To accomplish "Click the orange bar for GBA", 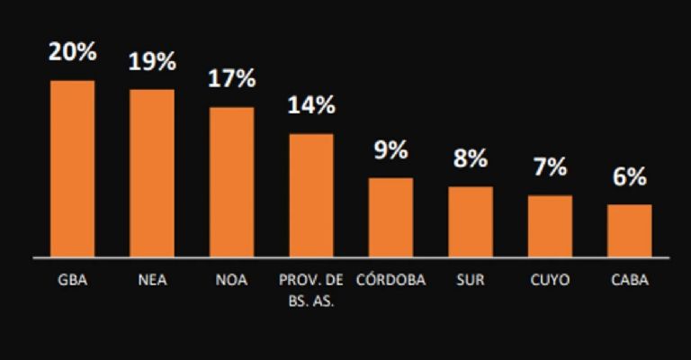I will coord(73,168).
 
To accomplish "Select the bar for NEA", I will coord(152,173).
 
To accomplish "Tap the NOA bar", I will coord(231,182).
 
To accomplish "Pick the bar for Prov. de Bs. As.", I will coord(311,195).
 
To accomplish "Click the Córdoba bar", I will coord(390,217).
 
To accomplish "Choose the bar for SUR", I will coord(471,221).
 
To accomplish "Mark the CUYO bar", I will coord(550,226).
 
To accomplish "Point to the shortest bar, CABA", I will coord(629,230).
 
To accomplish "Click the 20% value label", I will coord(73,52).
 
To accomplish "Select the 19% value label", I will coord(152,63).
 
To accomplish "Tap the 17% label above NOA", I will coord(231,79).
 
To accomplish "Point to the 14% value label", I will coord(311,105).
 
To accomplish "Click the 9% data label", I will coord(390,150).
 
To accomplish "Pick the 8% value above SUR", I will coord(471,159).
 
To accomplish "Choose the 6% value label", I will coord(629,177).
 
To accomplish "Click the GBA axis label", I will coord(73,280).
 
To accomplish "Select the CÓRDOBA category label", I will coord(390,280).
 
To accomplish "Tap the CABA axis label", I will coord(629,280).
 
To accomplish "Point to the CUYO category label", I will coord(550,280).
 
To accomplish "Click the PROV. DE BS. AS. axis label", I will coord(311,289).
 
